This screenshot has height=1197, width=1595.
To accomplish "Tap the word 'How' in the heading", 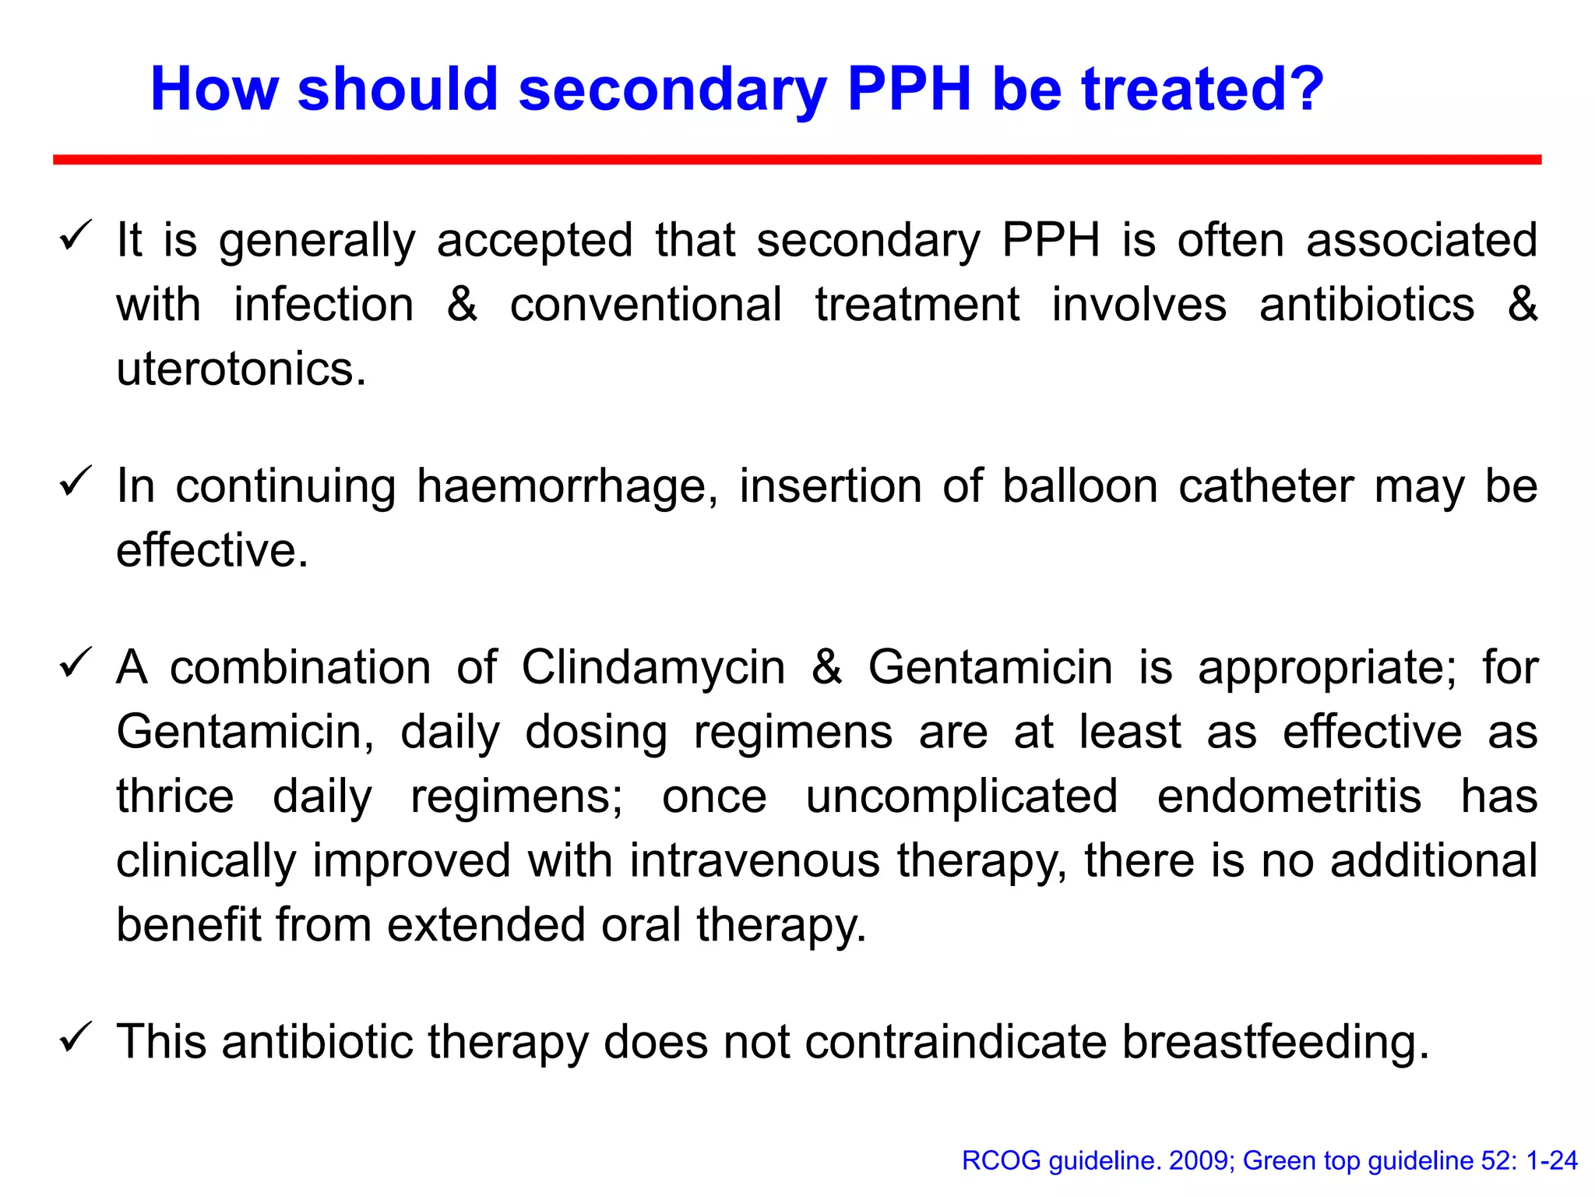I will click(x=214, y=89).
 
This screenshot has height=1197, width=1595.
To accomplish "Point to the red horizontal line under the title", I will click(x=797, y=160).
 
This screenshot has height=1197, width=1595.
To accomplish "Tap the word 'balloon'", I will click(x=1079, y=486).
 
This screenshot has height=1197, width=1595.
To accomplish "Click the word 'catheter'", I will click(x=1266, y=486).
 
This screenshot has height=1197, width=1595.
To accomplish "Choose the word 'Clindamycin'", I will click(x=653, y=668).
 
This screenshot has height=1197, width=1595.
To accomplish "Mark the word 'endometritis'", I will click(x=1289, y=796).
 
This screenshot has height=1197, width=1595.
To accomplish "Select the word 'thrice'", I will click(x=175, y=796).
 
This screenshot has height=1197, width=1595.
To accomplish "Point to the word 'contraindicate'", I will click(x=955, y=1042).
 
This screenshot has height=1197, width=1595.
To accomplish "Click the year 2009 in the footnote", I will click(x=1200, y=1161).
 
